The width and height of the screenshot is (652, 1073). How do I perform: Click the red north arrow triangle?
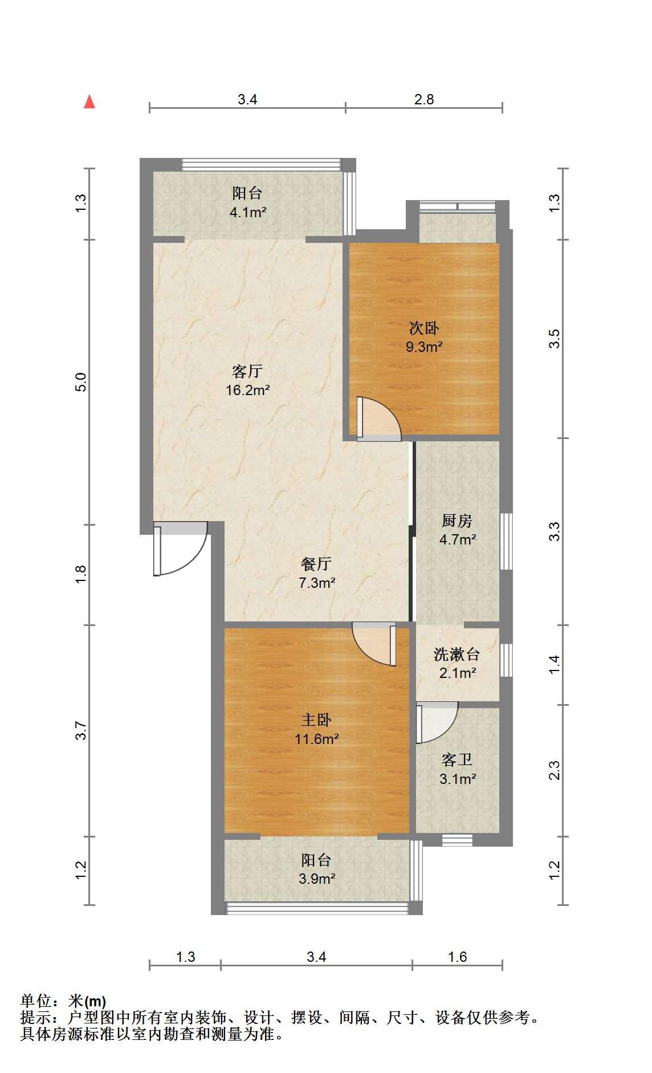pyautogui.click(x=89, y=101)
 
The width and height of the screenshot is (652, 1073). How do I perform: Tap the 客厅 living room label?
pyautogui.click(x=247, y=372)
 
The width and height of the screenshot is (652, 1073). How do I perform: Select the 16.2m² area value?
pyautogui.click(x=247, y=391)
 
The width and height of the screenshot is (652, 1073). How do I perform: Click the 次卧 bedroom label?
pyautogui.click(x=424, y=328)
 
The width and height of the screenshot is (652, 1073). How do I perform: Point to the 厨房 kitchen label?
pyautogui.click(x=457, y=521)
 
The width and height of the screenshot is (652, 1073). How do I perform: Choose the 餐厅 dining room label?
pyautogui.click(x=316, y=564)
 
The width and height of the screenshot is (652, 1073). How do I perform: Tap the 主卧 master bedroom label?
pyautogui.click(x=316, y=720)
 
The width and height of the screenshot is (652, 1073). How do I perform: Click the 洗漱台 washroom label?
pyautogui.click(x=457, y=654)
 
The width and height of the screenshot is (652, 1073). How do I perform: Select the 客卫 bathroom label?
pyautogui.click(x=457, y=759)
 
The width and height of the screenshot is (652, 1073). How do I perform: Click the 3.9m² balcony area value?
pyautogui.click(x=317, y=879)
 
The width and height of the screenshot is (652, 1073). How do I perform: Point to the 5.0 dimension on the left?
pyautogui.click(x=81, y=381)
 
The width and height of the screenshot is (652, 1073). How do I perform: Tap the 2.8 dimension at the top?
pyautogui.click(x=424, y=99)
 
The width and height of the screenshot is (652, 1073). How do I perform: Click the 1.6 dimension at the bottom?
pyautogui.click(x=457, y=957)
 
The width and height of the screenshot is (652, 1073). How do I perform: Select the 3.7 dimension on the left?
pyautogui.click(x=81, y=730)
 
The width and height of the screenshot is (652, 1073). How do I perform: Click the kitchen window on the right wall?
pyautogui.click(x=506, y=541)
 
